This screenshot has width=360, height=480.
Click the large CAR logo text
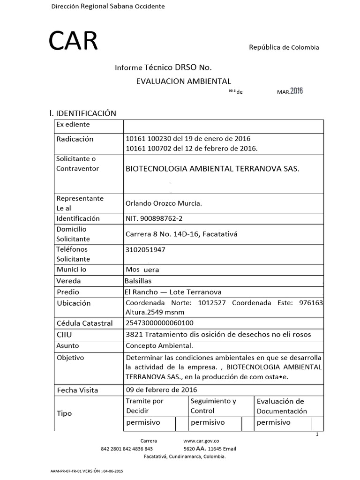click(74, 42)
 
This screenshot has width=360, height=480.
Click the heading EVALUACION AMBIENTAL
click(183, 81)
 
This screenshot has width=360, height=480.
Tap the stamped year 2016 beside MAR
click(296, 91)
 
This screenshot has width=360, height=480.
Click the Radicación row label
click(75, 139)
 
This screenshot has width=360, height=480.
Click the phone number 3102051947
click(145, 249)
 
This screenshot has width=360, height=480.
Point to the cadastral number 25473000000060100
click(159, 323)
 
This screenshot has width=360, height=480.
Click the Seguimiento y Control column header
click(213, 406)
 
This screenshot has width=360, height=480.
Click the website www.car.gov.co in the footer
click(201, 441)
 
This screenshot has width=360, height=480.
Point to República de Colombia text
click(284, 47)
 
